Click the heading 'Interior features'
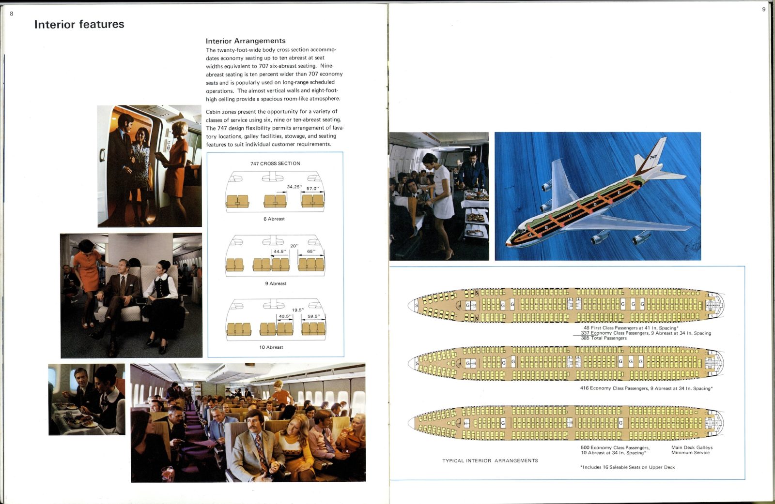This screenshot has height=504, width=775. [x=79, y=24]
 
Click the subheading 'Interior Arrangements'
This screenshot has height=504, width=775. [x=246, y=41]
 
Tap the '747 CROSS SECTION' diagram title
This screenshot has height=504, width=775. [x=275, y=163]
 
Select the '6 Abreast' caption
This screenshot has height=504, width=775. [x=274, y=219]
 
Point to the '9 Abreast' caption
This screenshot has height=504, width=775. [x=276, y=283]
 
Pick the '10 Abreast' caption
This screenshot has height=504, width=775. [x=271, y=347]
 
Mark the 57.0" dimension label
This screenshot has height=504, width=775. [x=312, y=189]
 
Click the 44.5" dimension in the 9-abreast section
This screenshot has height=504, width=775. [x=279, y=252]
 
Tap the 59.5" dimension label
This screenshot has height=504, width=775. [x=314, y=316]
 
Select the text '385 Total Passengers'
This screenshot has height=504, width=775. [x=604, y=338]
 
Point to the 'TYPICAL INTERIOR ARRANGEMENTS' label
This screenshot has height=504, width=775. [x=490, y=461]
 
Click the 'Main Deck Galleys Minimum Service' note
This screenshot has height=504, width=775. [x=692, y=450]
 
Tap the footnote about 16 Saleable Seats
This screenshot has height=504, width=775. [x=627, y=467]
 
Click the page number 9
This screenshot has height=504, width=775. [x=764, y=9]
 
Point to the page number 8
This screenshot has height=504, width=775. [x=12, y=14]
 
